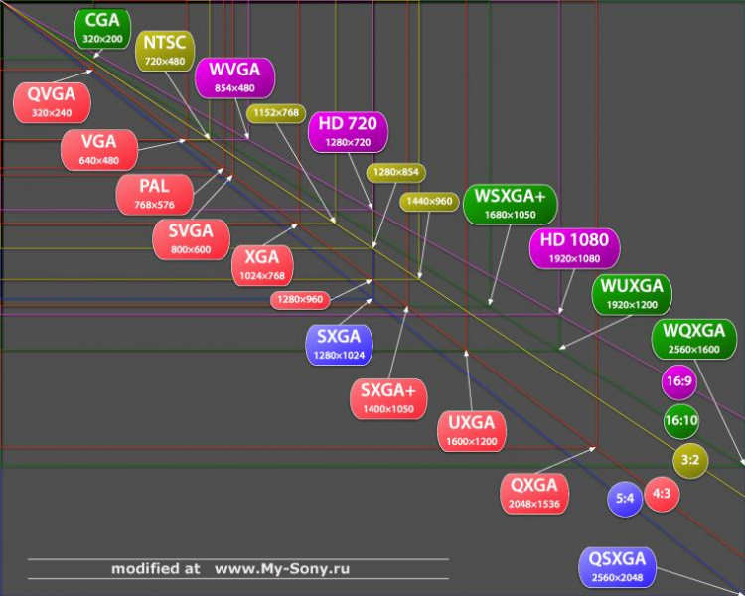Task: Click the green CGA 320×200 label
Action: coord(102,28)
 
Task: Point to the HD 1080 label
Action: coord(574,248)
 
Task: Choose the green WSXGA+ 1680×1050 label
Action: coord(511,205)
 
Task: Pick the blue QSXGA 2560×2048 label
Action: coord(617,567)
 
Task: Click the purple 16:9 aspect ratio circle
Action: coord(680,381)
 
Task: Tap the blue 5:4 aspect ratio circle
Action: coord(625,499)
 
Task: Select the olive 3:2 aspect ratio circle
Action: coord(689,460)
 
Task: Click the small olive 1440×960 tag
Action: coord(427,202)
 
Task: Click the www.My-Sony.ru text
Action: coord(282,569)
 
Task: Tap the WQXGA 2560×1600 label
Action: coord(693,340)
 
